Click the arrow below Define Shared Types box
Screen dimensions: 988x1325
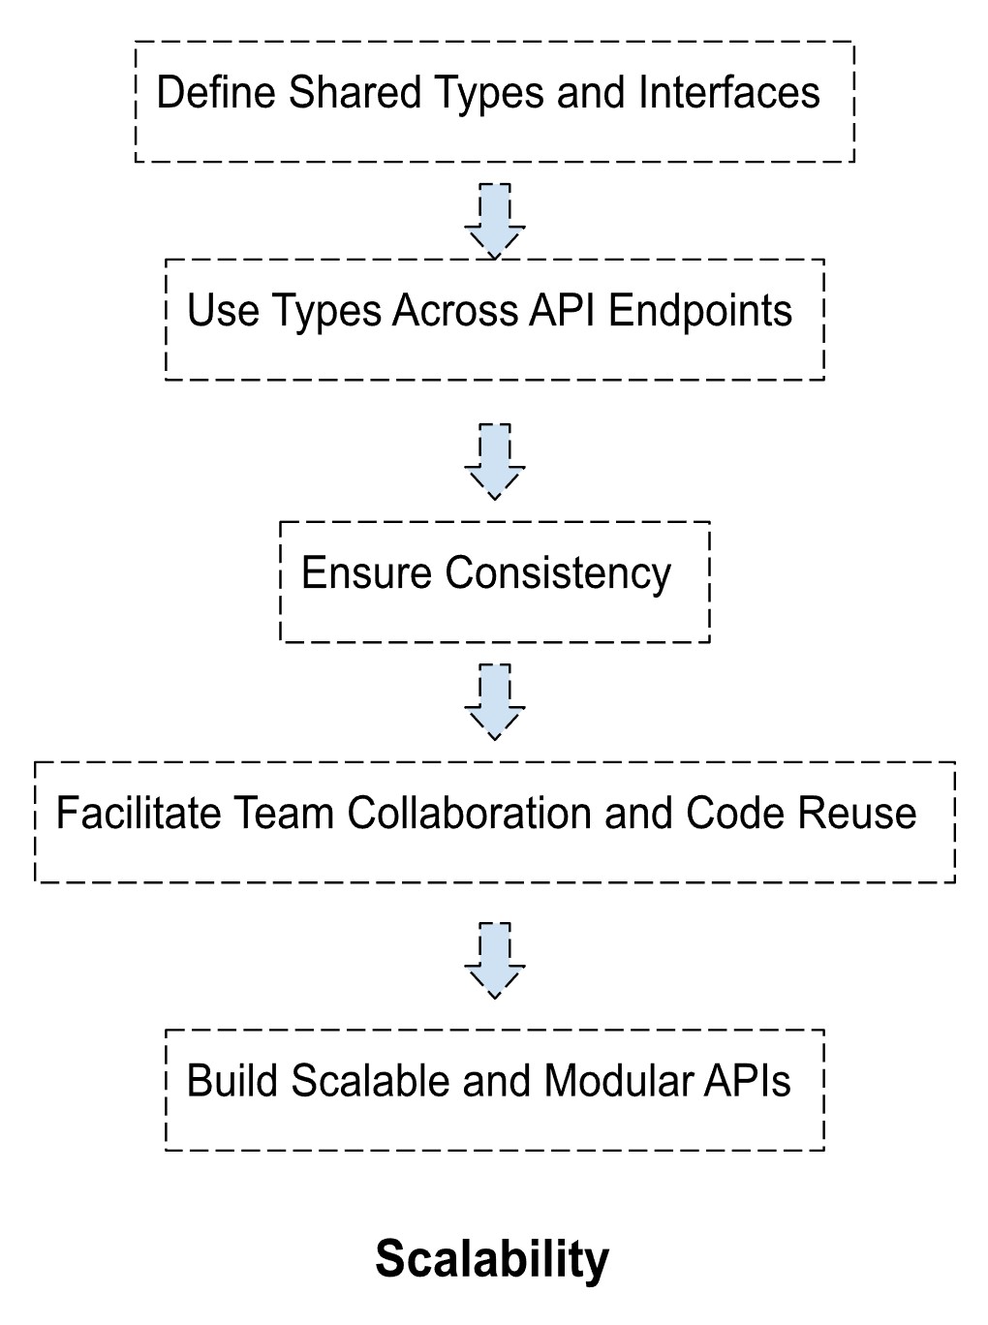[x=494, y=222]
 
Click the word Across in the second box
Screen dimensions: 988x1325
[x=455, y=310]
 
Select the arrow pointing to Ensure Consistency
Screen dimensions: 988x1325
[x=494, y=462]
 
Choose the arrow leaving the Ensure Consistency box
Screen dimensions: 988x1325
[x=494, y=702]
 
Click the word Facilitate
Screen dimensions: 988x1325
[x=139, y=813]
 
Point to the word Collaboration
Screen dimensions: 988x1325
[x=469, y=813]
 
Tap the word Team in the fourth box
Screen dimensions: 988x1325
[x=284, y=813]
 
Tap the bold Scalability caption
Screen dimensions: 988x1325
[x=492, y=1260]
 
